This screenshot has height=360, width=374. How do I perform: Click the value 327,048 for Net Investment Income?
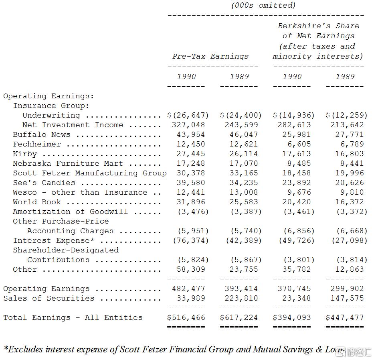point(188,125)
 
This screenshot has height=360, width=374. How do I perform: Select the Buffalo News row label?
point(41,134)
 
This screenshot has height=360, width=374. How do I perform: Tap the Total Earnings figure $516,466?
point(186,317)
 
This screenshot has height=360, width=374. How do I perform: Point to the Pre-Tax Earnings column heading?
point(210,56)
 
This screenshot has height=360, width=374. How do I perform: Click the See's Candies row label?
point(44,183)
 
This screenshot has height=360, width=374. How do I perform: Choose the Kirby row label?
point(24,154)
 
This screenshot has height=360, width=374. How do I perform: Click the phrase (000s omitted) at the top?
point(263,5)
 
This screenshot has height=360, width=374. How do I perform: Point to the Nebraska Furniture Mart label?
point(68,163)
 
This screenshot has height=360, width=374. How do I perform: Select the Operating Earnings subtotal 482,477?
point(188,289)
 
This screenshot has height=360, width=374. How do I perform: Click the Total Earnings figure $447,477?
point(345,317)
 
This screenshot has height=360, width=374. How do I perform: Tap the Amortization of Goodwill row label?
point(70,212)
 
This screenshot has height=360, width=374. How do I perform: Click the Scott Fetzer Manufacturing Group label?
point(89,173)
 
